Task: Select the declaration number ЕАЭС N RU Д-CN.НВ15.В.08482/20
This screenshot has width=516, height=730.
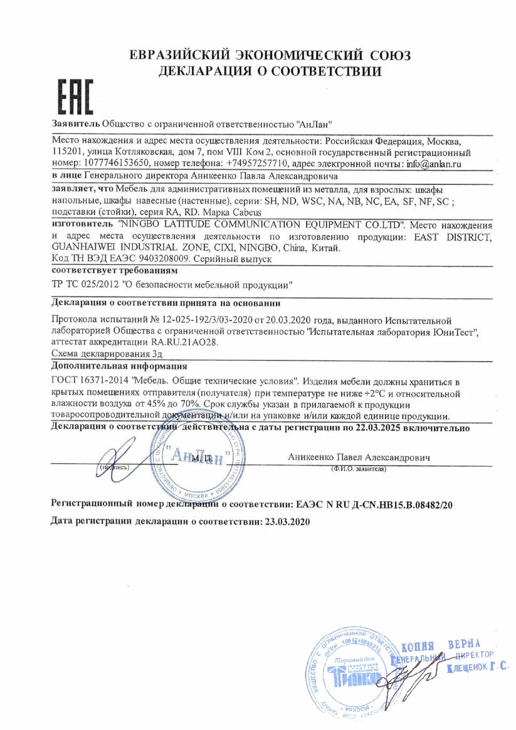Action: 372,503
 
